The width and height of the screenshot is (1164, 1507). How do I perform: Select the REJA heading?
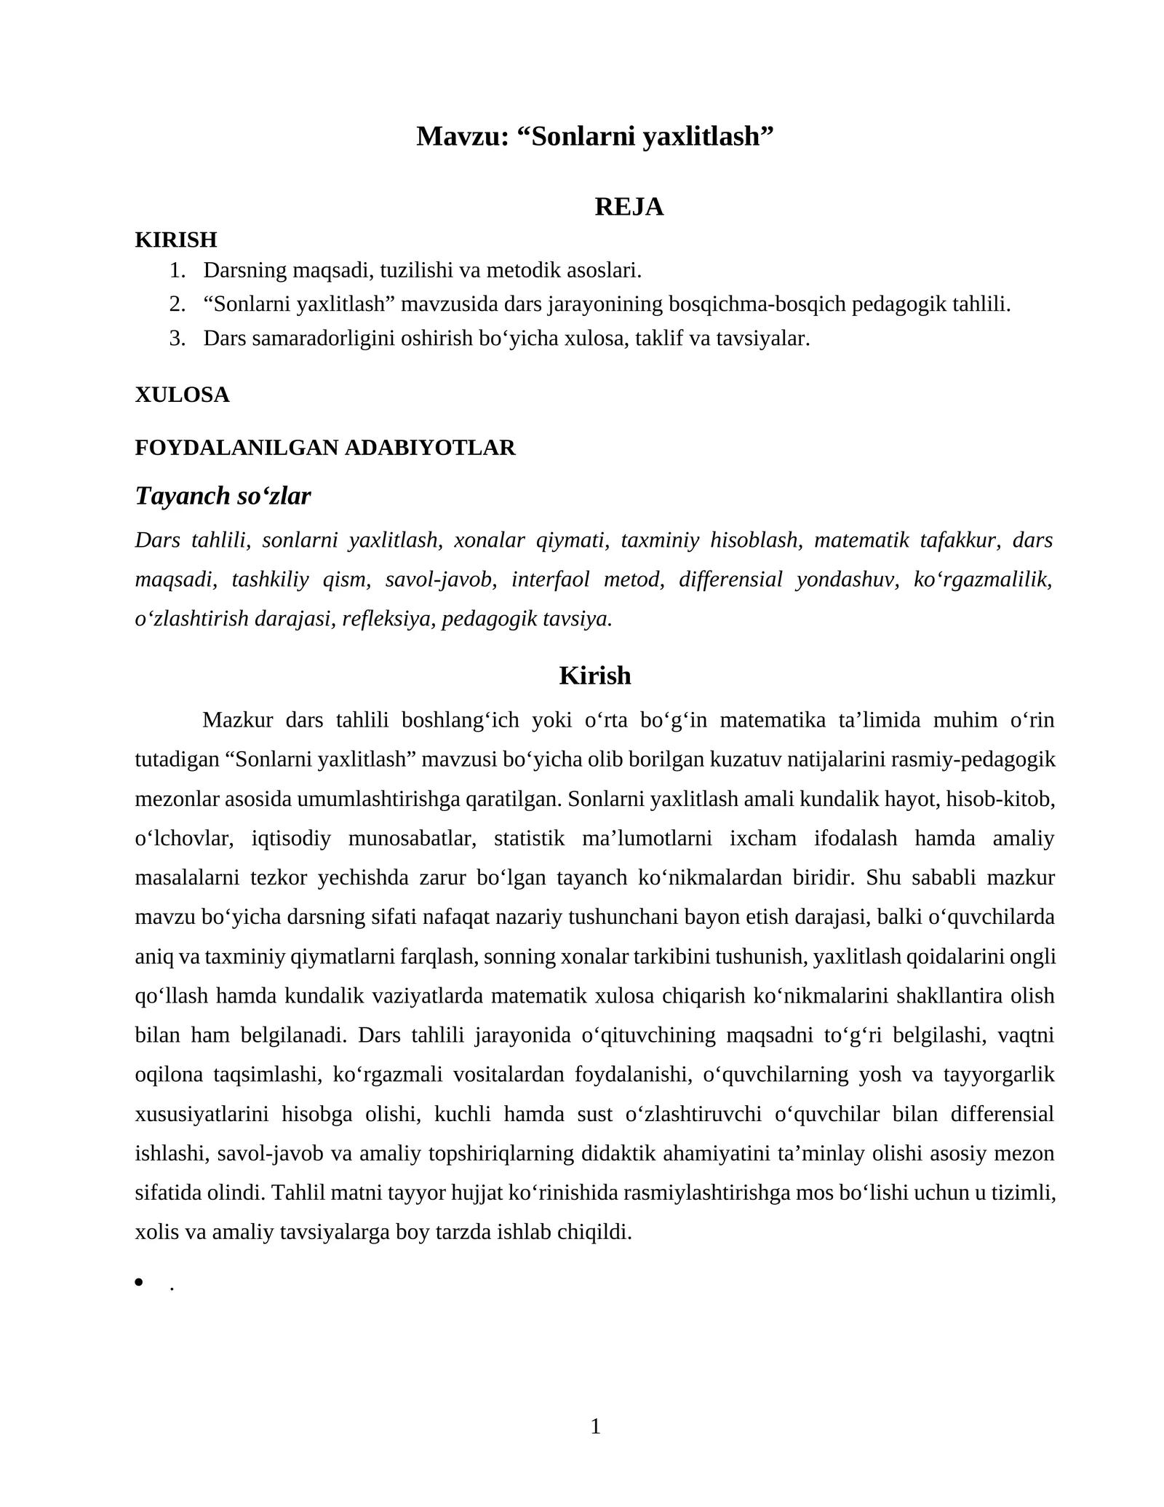click(629, 207)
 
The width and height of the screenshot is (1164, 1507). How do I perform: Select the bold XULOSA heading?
click(182, 395)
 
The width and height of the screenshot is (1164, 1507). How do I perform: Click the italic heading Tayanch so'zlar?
click(223, 496)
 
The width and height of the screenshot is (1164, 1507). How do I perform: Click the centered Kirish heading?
click(594, 676)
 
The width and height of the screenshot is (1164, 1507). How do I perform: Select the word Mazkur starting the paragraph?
click(237, 720)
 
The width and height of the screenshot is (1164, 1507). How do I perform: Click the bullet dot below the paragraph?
click(140, 1282)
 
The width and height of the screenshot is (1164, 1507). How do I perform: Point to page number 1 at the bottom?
click(595, 1426)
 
